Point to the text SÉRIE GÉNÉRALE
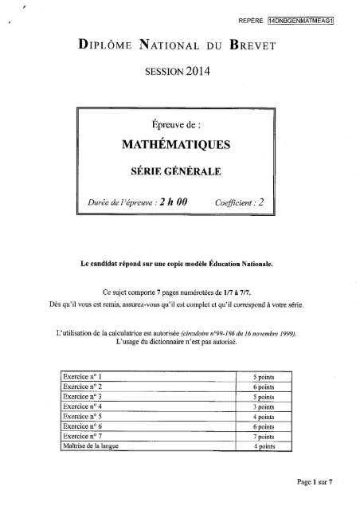[179, 171]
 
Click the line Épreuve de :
[179, 124]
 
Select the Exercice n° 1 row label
[84, 374]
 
